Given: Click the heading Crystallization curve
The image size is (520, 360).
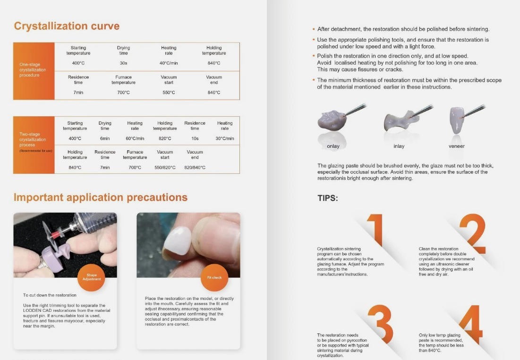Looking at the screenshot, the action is [67, 26].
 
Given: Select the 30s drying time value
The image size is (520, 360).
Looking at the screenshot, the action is [123, 63].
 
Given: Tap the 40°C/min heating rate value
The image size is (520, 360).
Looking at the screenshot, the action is [169, 63].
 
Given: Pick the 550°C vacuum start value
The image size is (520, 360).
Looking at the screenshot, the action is [169, 93].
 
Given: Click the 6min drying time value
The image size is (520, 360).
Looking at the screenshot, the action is [105, 138].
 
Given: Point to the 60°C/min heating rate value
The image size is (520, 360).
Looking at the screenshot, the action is [135, 138].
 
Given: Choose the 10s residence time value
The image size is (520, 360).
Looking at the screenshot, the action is [195, 138].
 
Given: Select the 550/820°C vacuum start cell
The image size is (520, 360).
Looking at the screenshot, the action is [165, 168].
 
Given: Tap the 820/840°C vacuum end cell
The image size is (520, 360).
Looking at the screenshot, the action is [195, 168].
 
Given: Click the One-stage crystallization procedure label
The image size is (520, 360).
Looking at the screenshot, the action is [33, 69].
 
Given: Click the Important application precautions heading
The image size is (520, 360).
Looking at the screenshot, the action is [101, 197].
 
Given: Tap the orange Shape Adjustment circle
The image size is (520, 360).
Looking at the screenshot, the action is [91, 277].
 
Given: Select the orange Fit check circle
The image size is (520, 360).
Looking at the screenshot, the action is [214, 277].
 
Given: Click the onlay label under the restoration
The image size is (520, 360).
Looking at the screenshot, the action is [333, 146].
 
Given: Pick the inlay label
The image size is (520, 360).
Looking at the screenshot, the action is [399, 146].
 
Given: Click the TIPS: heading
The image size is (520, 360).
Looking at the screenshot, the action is [328, 198].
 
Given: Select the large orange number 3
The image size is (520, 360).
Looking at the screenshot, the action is [380, 324].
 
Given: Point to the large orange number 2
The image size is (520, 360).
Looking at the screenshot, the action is [473, 234].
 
